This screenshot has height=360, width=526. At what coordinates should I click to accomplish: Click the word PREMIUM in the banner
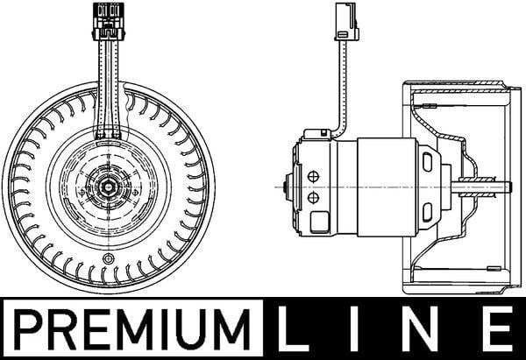point(132,329)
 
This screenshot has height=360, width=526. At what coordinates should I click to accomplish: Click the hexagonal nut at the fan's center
point(108,186)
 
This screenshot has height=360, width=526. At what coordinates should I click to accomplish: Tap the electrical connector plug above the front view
point(109,21)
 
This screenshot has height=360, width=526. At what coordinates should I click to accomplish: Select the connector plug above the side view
point(346,22)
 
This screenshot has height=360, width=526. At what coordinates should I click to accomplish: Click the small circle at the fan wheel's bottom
point(108,258)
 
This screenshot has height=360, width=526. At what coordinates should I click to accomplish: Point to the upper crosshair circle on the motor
point(313,177)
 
